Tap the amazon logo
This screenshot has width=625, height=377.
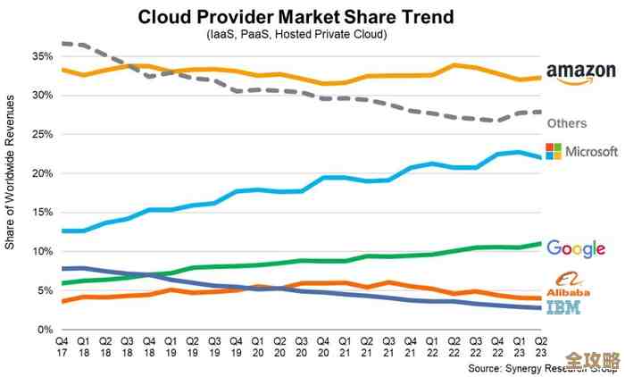(581, 73)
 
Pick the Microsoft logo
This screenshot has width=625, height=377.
(579, 151)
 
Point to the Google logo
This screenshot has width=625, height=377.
(576, 248)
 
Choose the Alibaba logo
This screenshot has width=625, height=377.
(570, 284)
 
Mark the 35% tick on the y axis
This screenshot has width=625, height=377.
(41, 55)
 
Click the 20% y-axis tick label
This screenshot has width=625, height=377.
(41, 173)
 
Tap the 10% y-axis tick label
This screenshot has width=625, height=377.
(41, 252)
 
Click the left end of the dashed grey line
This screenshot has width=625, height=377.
(62, 43)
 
